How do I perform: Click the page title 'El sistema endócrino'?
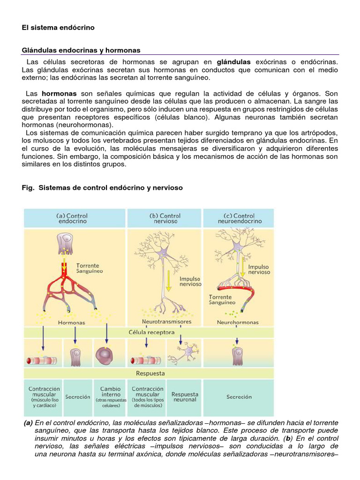[x=58, y=28]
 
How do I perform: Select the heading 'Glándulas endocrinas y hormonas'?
[x=81, y=50]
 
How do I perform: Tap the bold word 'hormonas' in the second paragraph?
[x=59, y=94]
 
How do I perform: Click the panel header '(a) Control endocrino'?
[x=72, y=218]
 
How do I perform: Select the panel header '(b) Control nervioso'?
[x=165, y=218]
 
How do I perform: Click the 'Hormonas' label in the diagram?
[x=71, y=322]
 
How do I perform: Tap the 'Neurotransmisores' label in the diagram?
[x=166, y=322]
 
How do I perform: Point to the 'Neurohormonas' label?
[x=238, y=322]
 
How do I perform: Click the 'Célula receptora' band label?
[x=151, y=332]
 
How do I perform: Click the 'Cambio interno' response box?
[x=111, y=397]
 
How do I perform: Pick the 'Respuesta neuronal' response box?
[x=185, y=397]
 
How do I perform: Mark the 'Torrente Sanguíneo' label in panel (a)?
[x=89, y=268]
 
